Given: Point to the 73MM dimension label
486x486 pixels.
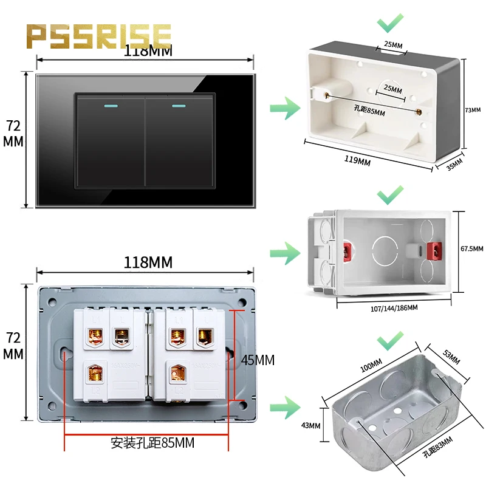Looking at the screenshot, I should tap(472, 110).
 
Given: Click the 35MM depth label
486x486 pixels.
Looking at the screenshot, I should tap(454, 165).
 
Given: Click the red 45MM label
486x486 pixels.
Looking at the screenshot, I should tap(258, 360).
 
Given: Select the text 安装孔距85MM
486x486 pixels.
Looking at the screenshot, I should tap(152, 443).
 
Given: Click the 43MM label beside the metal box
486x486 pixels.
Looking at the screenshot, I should tap(310, 425).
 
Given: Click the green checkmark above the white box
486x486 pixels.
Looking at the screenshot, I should tap(390, 24).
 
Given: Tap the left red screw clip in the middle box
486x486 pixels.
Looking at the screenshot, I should tap(347, 249).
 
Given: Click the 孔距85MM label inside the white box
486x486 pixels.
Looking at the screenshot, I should tap(369, 109).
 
